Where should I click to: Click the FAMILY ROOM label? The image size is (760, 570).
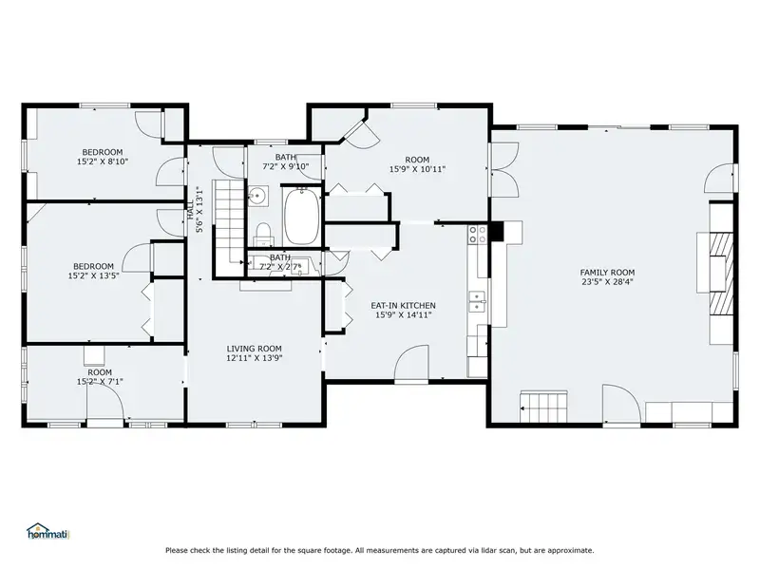[x=607, y=273]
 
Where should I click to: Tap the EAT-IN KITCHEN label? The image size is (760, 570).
[x=403, y=305]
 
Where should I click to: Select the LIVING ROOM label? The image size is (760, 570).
[x=254, y=349]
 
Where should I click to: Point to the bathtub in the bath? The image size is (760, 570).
[x=301, y=217]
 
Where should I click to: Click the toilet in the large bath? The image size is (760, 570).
[x=264, y=234]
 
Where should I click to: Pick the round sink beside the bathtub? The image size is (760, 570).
[x=257, y=196]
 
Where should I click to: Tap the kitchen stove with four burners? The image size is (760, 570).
[x=478, y=235]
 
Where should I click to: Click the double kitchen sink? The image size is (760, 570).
[x=478, y=301]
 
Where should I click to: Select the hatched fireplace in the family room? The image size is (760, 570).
[x=722, y=274]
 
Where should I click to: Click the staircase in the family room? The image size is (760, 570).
[x=543, y=408]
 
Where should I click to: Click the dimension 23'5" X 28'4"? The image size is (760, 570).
[x=607, y=281]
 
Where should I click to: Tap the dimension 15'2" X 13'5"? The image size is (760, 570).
[x=93, y=275]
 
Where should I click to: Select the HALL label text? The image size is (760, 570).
[x=191, y=210]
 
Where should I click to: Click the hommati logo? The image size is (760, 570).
[x=48, y=531]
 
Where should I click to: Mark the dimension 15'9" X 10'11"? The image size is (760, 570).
[x=417, y=169]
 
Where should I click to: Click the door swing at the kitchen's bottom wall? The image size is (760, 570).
[x=411, y=363]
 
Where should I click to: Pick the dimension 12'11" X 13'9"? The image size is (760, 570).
[x=254, y=358]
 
